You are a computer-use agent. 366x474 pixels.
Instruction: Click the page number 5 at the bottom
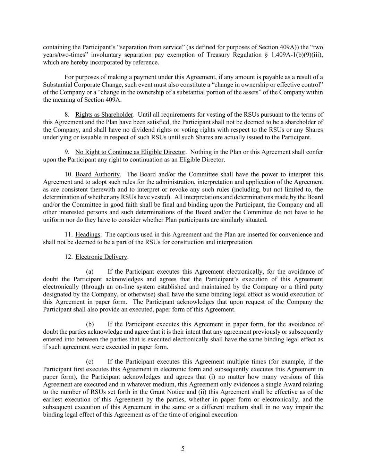coord(183,449)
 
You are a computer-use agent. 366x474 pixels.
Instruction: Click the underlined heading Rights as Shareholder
coord(104,115)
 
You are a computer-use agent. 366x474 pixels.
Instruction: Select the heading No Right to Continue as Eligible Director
coord(130,152)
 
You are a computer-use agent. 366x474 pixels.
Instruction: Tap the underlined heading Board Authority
coord(97,174)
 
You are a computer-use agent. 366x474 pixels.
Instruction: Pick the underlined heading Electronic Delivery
coord(101,257)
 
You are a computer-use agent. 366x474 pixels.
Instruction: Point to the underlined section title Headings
coord(87,234)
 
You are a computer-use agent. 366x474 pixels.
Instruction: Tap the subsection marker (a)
coord(90,272)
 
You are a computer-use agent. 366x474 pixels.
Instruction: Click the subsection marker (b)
coord(90,324)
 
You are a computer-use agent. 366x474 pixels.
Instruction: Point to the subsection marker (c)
coord(90,361)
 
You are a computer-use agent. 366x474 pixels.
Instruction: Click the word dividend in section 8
coord(156,130)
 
